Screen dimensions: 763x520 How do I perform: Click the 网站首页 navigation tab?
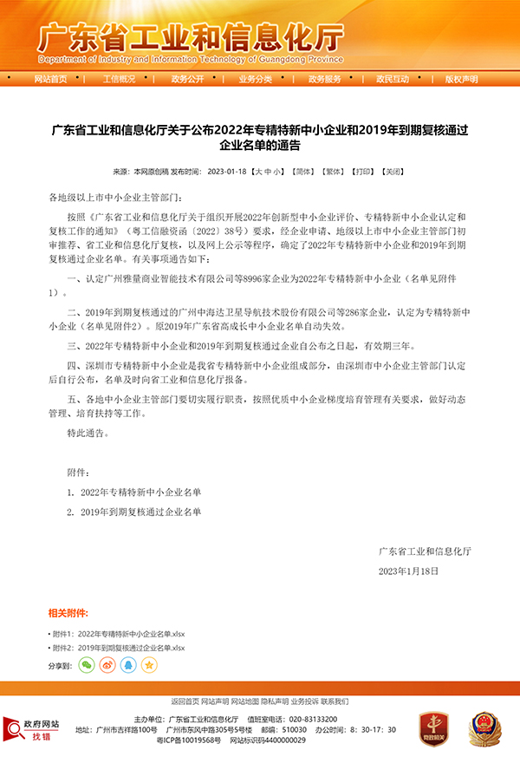tap(50, 79)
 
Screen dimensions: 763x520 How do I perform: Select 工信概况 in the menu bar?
tap(119, 79)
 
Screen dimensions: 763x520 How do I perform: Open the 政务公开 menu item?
tap(187, 79)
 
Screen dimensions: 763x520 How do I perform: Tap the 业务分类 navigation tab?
tap(256, 79)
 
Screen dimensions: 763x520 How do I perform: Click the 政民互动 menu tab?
tap(393, 79)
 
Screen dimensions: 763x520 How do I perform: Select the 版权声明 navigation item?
tap(461, 79)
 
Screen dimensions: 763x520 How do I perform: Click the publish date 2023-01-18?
tap(228, 172)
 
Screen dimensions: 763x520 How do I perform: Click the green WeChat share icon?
tap(87, 665)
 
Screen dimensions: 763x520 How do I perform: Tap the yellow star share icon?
tap(149, 665)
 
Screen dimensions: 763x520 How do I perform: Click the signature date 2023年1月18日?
tap(409, 571)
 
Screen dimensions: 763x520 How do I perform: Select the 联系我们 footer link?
tap(335, 701)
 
